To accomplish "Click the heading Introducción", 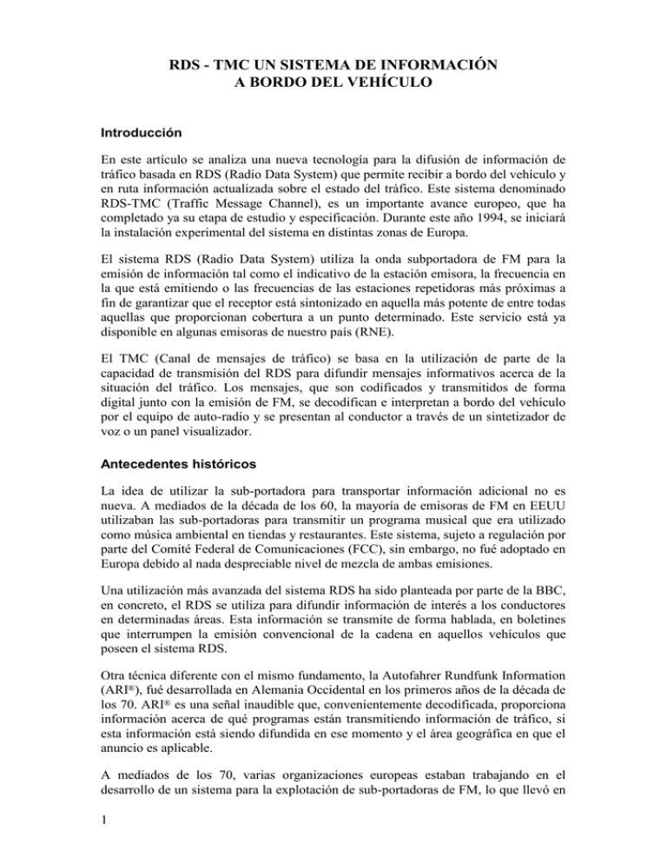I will [x=134, y=134].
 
